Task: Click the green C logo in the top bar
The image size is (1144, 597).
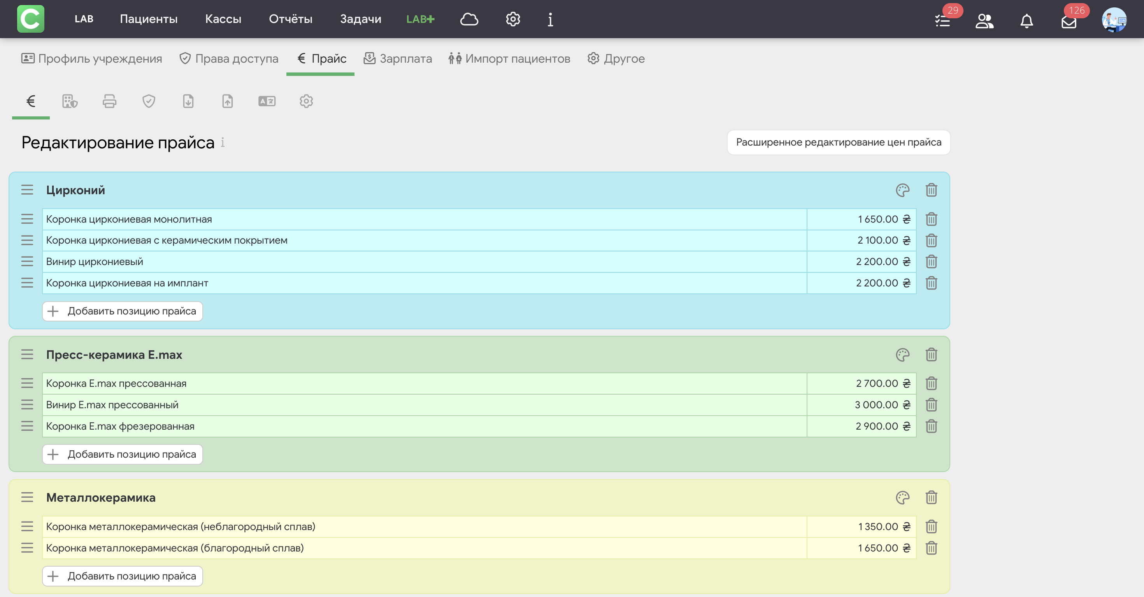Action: pos(31,19)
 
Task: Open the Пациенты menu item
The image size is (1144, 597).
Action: pos(148,19)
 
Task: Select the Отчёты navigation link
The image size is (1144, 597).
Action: pos(290,19)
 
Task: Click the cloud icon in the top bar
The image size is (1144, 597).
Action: pos(469,19)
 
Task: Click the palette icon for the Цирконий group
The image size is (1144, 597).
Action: pos(902,190)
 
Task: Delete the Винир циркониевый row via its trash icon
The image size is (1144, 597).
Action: pos(931,262)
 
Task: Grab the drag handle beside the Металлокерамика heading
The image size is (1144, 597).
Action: pos(27,497)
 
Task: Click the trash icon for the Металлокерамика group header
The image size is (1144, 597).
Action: pos(931,497)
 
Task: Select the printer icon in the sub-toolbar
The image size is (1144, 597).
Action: pos(109,101)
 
